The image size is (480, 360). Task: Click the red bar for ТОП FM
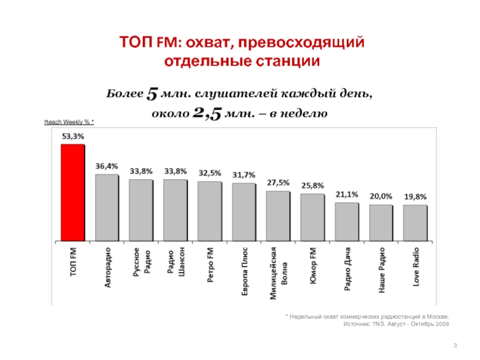click(x=73, y=193)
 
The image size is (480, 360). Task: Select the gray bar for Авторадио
click(x=107, y=208)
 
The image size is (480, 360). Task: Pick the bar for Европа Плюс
click(x=244, y=212)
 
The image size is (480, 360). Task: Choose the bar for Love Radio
click(x=415, y=223)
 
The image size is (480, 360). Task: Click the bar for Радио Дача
click(x=347, y=221)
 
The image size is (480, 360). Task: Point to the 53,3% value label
click(x=73, y=136)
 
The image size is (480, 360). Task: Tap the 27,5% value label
click(x=278, y=182)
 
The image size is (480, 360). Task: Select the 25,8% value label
click(x=313, y=185)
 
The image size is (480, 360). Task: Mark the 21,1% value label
click(x=347, y=194)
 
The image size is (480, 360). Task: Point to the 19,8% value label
click(x=415, y=196)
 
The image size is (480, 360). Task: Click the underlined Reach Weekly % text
click(x=70, y=122)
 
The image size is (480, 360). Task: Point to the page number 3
click(x=455, y=344)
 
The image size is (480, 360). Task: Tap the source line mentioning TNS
click(x=395, y=324)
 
